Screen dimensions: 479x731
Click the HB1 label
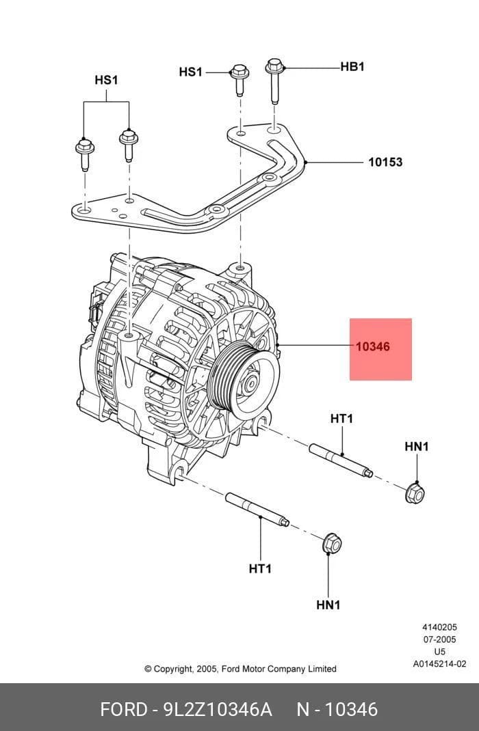point(352,67)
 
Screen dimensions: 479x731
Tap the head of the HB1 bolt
point(274,66)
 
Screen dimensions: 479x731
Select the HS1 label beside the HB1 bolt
point(190,72)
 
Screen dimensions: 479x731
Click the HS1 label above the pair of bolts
point(106,80)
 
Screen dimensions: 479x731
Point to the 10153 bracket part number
point(385,162)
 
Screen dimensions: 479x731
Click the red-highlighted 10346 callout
point(372,347)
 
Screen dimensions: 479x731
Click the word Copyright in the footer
point(172,669)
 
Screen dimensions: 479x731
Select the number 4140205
point(440,628)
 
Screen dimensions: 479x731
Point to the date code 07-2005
point(440,639)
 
